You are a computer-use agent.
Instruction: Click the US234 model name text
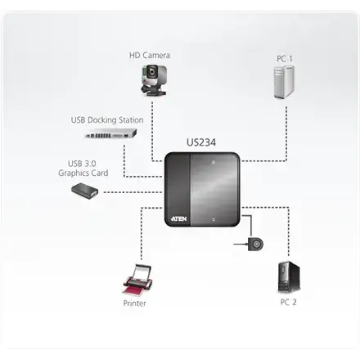199,142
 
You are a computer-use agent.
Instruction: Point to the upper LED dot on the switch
212,164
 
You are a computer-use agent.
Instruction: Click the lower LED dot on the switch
212,219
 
